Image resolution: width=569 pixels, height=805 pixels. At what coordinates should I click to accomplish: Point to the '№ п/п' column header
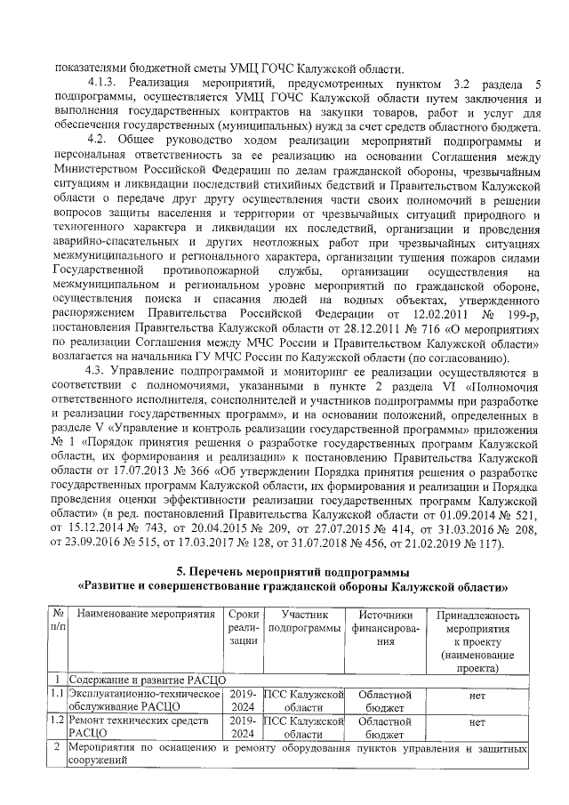pyautogui.click(x=56, y=622)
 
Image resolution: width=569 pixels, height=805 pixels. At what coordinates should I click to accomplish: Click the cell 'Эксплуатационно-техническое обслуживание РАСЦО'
pyautogui.click(x=144, y=700)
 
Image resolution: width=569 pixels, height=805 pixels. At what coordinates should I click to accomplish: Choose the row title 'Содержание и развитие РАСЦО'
pyautogui.click(x=145, y=679)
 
